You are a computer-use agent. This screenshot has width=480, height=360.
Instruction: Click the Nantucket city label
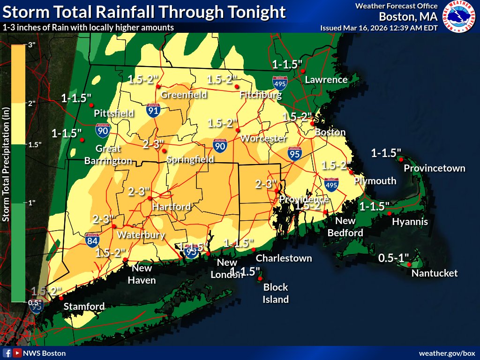(x=434, y=273)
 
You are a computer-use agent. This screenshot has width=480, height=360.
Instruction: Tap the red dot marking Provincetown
(x=402, y=159)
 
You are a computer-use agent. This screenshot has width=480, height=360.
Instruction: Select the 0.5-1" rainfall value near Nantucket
(x=394, y=258)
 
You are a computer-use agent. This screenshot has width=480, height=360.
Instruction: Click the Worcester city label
(x=262, y=139)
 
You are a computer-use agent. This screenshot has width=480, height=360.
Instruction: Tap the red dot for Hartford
(x=150, y=198)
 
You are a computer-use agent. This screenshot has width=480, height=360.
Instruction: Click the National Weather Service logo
(x=459, y=16)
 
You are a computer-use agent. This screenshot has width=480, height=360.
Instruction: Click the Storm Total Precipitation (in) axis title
(x=6, y=164)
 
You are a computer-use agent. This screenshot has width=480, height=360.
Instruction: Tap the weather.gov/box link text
(x=447, y=353)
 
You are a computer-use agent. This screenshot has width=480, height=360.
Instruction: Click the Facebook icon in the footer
(x=7, y=353)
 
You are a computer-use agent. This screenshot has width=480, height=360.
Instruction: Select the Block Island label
(x=276, y=293)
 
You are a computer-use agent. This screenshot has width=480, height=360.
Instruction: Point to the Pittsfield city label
(x=114, y=113)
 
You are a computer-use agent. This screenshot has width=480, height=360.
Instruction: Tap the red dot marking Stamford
(x=60, y=298)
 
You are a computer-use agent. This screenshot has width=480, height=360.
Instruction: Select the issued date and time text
(x=379, y=28)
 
